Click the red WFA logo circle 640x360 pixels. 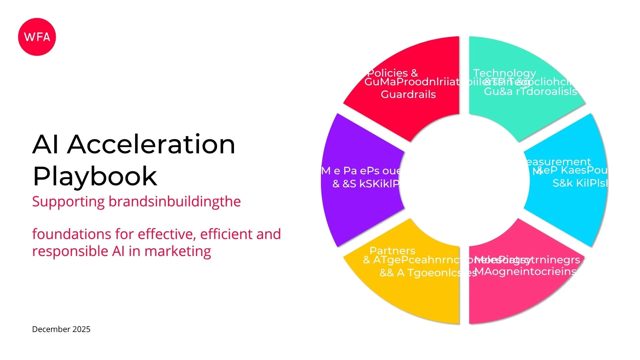(x=37, y=37)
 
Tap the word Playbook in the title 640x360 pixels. (x=95, y=176)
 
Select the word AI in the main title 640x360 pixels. (x=46, y=144)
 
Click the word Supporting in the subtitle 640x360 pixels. (x=68, y=202)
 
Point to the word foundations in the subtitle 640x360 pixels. (x=71, y=234)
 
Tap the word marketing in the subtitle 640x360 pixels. (x=178, y=251)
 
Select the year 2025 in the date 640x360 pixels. (x=81, y=329)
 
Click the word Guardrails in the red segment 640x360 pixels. (x=408, y=95)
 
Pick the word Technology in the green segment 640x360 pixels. (x=504, y=73)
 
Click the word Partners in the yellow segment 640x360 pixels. (x=392, y=251)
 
